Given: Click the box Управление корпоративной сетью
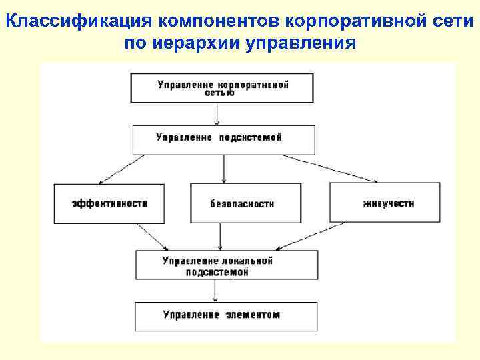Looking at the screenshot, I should pyautogui.click(x=222, y=88).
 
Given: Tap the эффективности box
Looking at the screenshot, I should pyautogui.click(x=110, y=203).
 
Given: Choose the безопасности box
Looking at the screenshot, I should pyautogui.click(x=245, y=203).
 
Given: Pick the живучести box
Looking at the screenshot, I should pyautogui.click(x=384, y=201).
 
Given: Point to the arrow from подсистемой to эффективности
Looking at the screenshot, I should pyautogui.click(x=125, y=168).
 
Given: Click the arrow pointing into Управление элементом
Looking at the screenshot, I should pyautogui.click(x=215, y=291).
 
